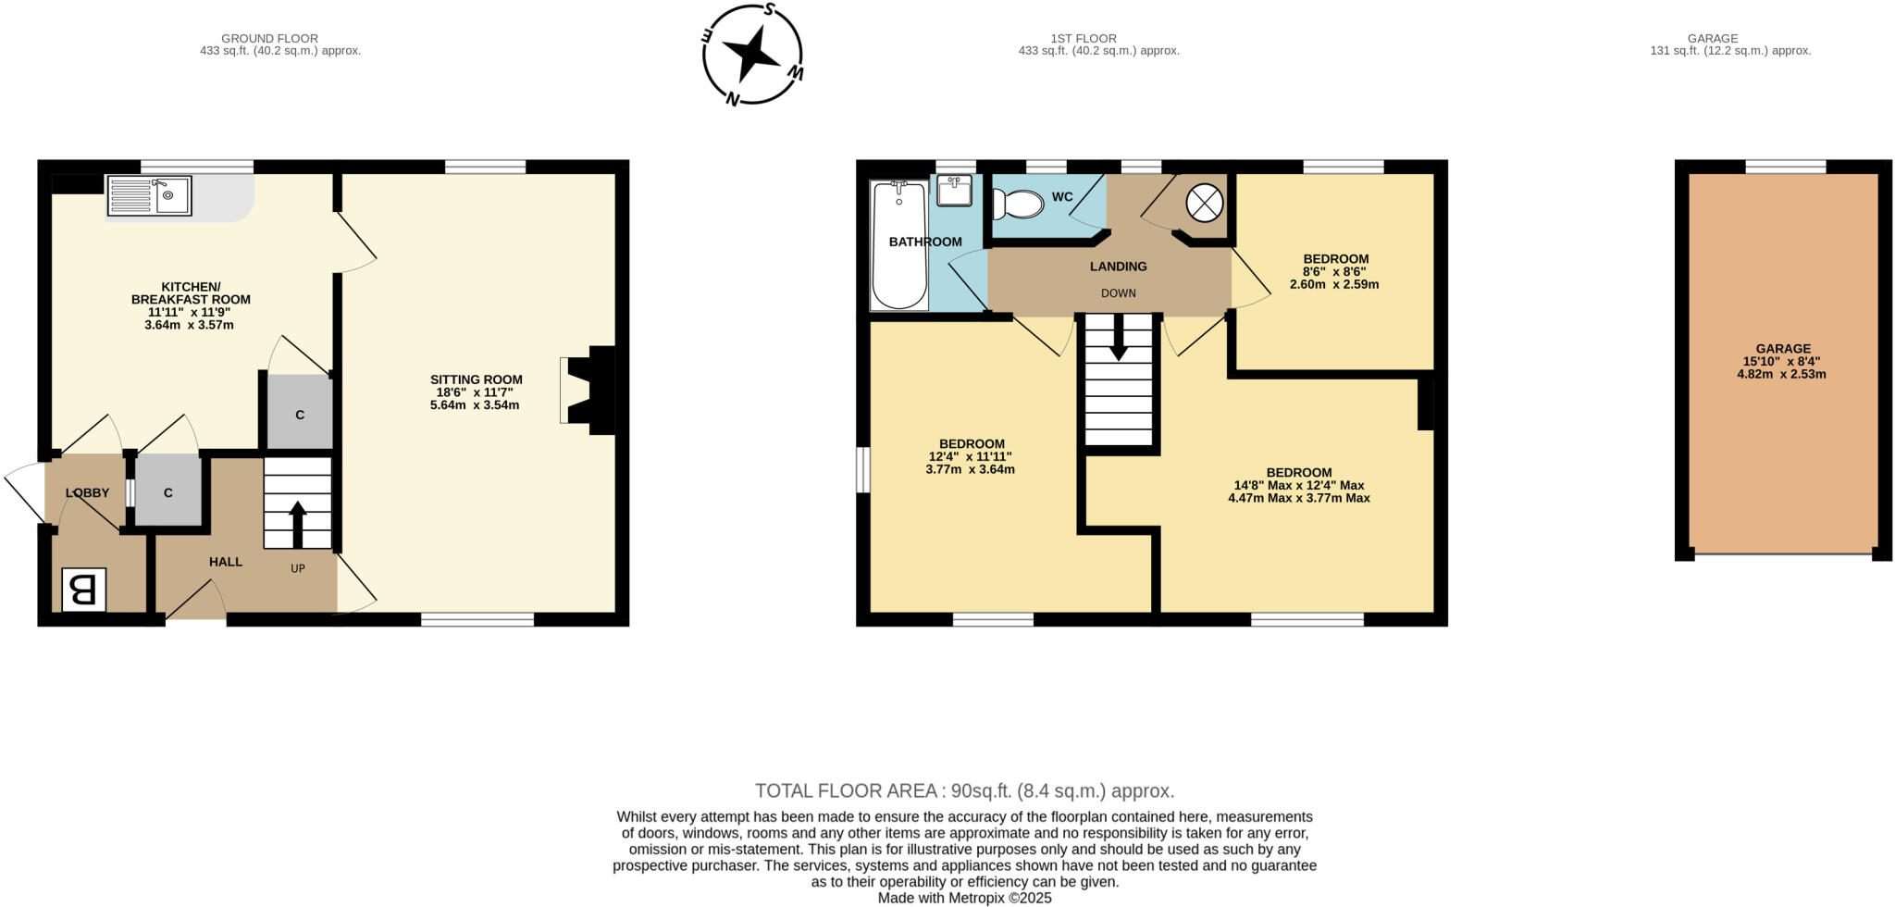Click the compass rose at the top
[752, 54]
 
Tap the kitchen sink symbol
[149, 195]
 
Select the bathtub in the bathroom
[898, 244]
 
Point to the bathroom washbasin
[954, 191]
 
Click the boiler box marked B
[83, 590]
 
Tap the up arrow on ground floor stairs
[297, 524]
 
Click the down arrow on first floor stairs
[1119, 338]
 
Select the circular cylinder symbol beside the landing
[1205, 203]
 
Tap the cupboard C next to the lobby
[168, 492]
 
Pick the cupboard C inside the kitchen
[300, 414]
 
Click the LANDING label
[1118, 267]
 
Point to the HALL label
[225, 562]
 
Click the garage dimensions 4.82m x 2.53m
[1781, 375]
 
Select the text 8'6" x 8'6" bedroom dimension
[1334, 272]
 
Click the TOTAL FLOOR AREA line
[964, 791]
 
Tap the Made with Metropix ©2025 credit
[964, 898]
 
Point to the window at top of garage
[1785, 167]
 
